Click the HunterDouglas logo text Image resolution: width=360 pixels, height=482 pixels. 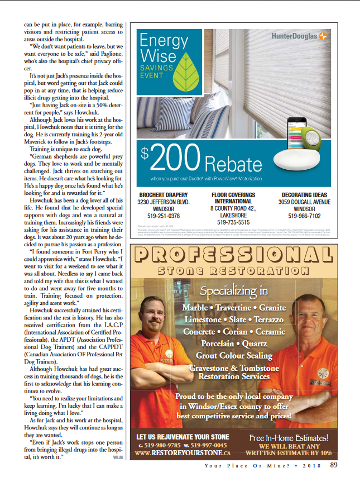(294, 36)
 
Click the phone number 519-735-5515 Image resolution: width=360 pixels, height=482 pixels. (234, 222)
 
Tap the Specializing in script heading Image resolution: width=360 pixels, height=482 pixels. (234, 292)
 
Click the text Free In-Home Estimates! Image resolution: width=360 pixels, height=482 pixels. (288, 438)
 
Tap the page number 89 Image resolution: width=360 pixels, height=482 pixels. (333, 464)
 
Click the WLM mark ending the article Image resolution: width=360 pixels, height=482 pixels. (117, 457)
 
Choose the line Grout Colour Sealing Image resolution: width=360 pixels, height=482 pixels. (234, 356)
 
